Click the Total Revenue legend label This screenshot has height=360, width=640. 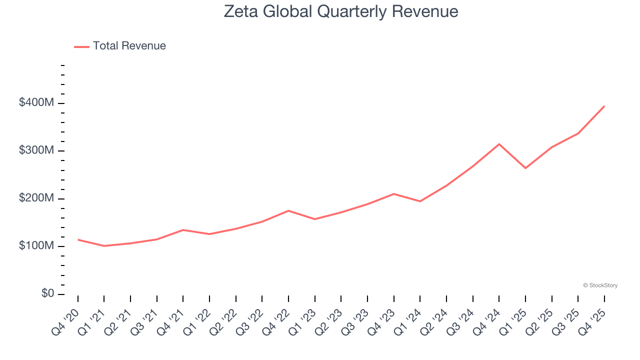(x=129, y=46)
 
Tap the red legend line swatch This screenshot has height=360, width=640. (x=81, y=46)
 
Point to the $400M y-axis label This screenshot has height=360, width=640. (x=36, y=103)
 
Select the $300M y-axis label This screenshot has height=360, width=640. (x=36, y=150)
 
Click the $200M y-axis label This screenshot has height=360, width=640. (x=36, y=198)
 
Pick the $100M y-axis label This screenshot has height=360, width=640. (x=36, y=246)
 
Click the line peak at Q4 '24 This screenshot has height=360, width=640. (x=499, y=144)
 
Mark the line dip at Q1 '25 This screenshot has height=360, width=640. (x=525, y=168)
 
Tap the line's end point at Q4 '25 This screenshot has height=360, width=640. (x=604, y=106)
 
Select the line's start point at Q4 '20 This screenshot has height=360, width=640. (x=78, y=239)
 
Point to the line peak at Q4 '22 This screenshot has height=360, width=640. (x=288, y=210)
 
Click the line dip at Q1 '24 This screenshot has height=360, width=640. (x=420, y=201)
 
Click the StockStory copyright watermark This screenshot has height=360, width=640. (x=600, y=285)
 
